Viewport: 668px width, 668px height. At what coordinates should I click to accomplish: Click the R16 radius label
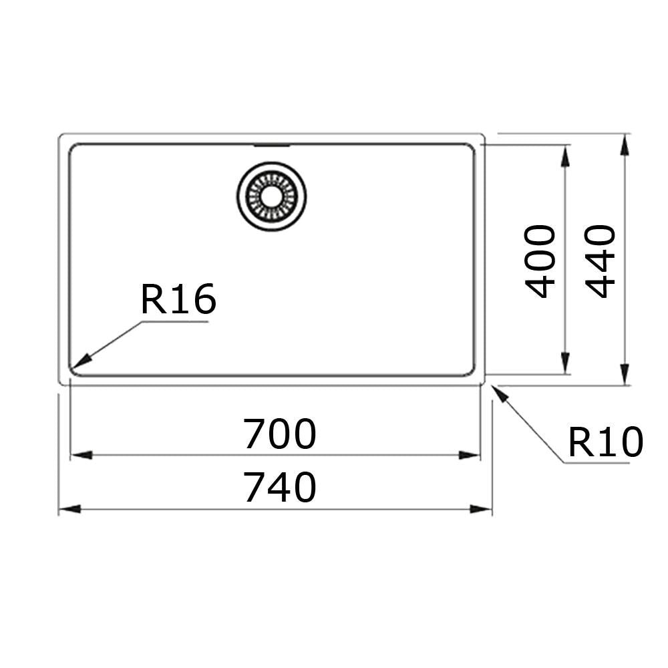178,299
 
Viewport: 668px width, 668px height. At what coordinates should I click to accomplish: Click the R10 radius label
605,442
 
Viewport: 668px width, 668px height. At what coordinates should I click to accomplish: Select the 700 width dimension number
279,434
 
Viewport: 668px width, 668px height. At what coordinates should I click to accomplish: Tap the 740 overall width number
279,488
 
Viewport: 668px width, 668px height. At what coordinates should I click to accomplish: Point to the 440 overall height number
600,261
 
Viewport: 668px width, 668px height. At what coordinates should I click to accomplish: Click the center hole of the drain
271,196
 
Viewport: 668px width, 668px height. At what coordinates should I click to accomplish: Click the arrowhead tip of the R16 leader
73,367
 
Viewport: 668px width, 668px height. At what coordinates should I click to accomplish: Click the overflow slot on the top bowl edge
271,144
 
